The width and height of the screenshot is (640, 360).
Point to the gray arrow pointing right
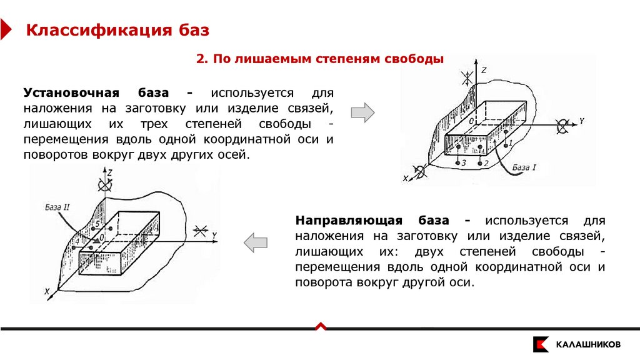(x=362, y=112)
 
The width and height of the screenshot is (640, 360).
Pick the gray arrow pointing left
(x=256, y=242)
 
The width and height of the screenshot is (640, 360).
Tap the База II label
(x=57, y=206)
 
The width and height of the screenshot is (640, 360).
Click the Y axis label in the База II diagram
(x=214, y=235)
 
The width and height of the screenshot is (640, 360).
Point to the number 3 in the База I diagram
(x=464, y=162)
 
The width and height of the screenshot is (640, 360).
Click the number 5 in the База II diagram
(x=97, y=223)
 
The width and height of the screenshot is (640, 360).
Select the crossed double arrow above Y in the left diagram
(x=201, y=231)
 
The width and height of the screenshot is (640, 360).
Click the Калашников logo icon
(x=541, y=344)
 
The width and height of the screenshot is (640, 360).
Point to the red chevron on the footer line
(x=320, y=325)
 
